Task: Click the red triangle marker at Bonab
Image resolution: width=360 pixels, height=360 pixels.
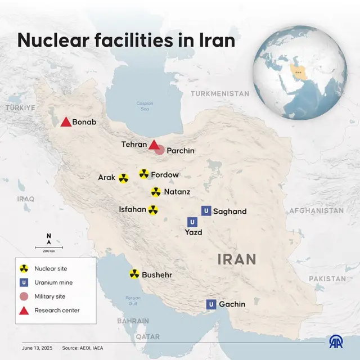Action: (65, 122)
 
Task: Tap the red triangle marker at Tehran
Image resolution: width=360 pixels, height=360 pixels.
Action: (154, 145)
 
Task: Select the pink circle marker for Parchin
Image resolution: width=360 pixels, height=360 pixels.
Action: (160, 150)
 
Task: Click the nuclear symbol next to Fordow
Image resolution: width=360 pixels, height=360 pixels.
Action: (144, 174)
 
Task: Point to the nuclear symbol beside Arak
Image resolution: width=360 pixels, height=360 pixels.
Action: (123, 178)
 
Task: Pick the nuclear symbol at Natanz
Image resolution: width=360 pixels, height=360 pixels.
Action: (156, 192)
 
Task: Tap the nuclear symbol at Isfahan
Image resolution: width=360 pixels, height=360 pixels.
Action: (152, 210)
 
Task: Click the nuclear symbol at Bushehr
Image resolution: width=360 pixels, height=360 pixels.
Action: (134, 274)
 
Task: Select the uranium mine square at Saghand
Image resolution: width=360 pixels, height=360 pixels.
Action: (206, 211)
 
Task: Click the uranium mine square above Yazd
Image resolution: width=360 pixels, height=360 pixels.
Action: (193, 222)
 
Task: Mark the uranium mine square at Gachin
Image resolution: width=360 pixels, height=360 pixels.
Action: (211, 304)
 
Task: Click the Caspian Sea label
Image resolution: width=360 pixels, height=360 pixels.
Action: (145, 105)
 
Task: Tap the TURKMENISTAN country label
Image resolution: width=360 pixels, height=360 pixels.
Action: (219, 93)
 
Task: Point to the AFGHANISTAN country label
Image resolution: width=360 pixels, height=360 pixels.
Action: (316, 210)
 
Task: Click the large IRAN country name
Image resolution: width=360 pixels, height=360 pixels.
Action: (237, 259)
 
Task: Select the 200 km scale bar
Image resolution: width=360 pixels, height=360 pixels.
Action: (49, 247)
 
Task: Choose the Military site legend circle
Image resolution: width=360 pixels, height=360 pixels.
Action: (24, 296)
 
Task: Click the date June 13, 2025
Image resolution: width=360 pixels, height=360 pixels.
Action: (37, 348)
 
